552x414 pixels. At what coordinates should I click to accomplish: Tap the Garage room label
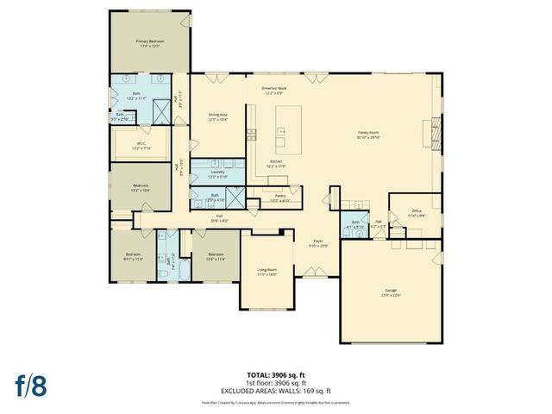coord(392,293)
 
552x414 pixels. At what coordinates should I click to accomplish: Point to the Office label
coord(416,212)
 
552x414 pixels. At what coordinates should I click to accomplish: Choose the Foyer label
coord(318,243)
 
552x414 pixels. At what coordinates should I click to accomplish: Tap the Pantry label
coord(280,198)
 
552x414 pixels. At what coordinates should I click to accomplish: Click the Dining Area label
coord(217,116)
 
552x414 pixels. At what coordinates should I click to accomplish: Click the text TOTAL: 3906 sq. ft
coord(275,374)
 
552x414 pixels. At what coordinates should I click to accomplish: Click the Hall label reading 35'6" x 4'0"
coord(219,218)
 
